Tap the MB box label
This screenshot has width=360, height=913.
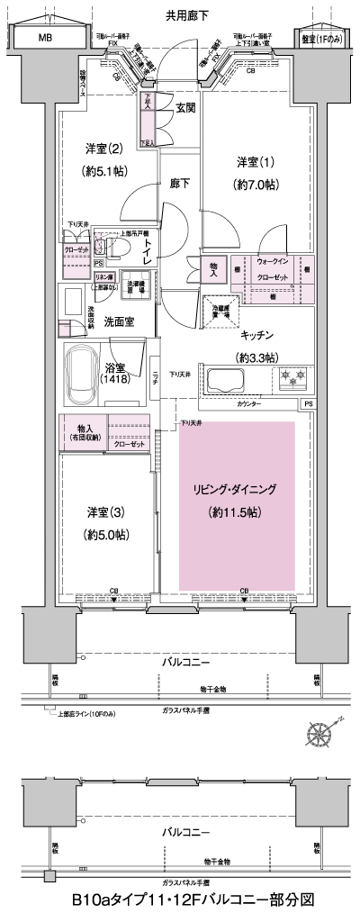(44, 38)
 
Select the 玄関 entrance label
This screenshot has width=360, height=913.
(185, 109)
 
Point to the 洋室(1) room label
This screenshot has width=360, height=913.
(256, 162)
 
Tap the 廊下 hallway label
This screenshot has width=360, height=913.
(179, 184)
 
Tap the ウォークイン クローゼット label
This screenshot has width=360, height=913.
(274, 268)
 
